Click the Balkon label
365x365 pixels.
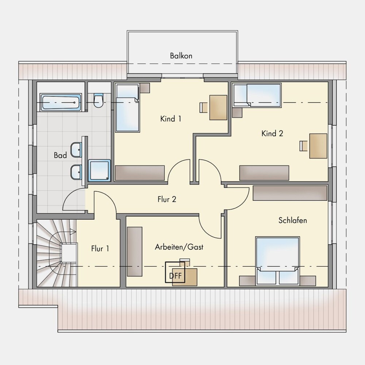pos(181,56)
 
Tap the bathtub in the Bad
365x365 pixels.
pos(61,102)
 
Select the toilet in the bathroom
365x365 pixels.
pos(99,100)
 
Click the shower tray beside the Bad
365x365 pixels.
pos(99,170)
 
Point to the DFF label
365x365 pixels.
pos(175,276)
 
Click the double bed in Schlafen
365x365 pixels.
pos(277,261)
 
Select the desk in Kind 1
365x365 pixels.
pos(218,108)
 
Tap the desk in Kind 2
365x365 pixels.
pos(318,146)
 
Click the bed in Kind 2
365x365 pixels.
pos(257,95)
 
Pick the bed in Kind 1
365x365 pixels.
pos(127,108)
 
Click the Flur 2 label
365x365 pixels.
pos(167,199)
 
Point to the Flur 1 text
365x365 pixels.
pos(100,249)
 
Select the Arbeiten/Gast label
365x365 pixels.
pos(179,247)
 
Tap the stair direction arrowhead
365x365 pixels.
pos(73,231)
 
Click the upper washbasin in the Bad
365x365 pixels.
pos(76,149)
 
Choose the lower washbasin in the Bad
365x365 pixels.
pos(76,172)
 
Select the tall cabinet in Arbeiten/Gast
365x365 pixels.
pos(135,251)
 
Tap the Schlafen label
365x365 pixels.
pos(293,220)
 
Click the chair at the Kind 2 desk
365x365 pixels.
pos(303,146)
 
